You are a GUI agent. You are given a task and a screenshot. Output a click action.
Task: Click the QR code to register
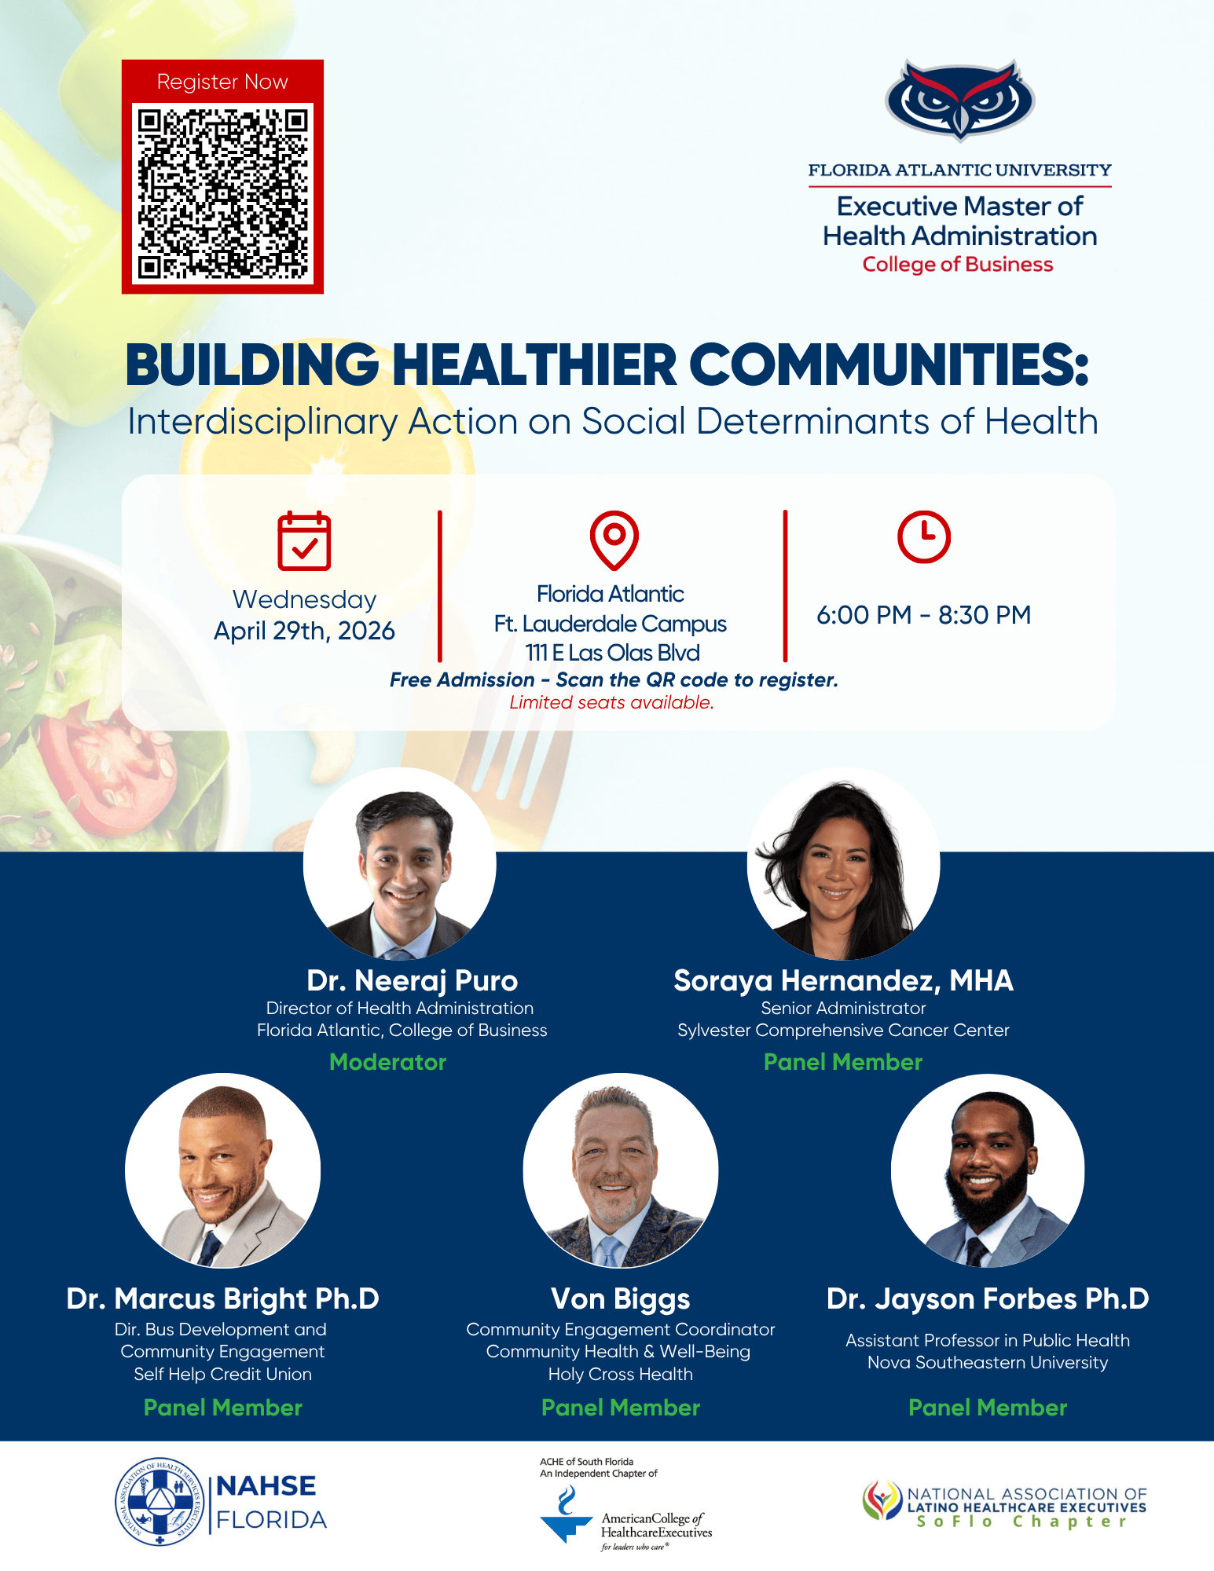pyautogui.click(x=222, y=193)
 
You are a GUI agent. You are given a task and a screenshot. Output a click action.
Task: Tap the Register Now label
pyautogui.click(x=222, y=82)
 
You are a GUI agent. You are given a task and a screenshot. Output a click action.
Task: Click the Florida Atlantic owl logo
pyautogui.click(x=959, y=101)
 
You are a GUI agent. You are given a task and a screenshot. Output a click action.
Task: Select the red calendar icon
pyautogui.click(x=304, y=541)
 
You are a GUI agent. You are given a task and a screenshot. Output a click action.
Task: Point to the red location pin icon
pyautogui.click(x=614, y=540)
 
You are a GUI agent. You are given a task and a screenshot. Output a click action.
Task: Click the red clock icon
pyautogui.click(x=924, y=536)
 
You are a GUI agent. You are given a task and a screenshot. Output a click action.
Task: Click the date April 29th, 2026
pyautogui.click(x=304, y=631)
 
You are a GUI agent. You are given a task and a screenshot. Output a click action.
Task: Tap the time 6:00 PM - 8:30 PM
pyautogui.click(x=924, y=615)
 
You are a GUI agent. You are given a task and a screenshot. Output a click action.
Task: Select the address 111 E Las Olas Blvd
pyautogui.click(x=612, y=653)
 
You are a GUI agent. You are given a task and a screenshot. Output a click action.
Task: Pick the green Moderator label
pyautogui.click(x=388, y=1062)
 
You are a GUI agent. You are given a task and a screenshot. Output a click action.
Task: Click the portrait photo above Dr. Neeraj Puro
pyautogui.click(x=399, y=864)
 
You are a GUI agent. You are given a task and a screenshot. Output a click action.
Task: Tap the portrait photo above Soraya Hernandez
pyautogui.click(x=843, y=864)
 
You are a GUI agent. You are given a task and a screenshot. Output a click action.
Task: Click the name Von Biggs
pyautogui.click(x=621, y=1299)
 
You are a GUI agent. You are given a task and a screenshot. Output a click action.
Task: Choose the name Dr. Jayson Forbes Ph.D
pyautogui.click(x=988, y=1299)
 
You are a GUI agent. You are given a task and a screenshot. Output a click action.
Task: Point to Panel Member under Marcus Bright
pyautogui.click(x=223, y=1408)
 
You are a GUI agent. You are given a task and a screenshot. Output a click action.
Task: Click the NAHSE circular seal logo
pyautogui.click(x=160, y=1502)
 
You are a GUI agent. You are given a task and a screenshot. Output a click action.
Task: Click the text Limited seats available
pyautogui.click(x=612, y=703)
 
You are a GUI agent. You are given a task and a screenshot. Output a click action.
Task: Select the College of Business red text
pyautogui.click(x=958, y=265)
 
